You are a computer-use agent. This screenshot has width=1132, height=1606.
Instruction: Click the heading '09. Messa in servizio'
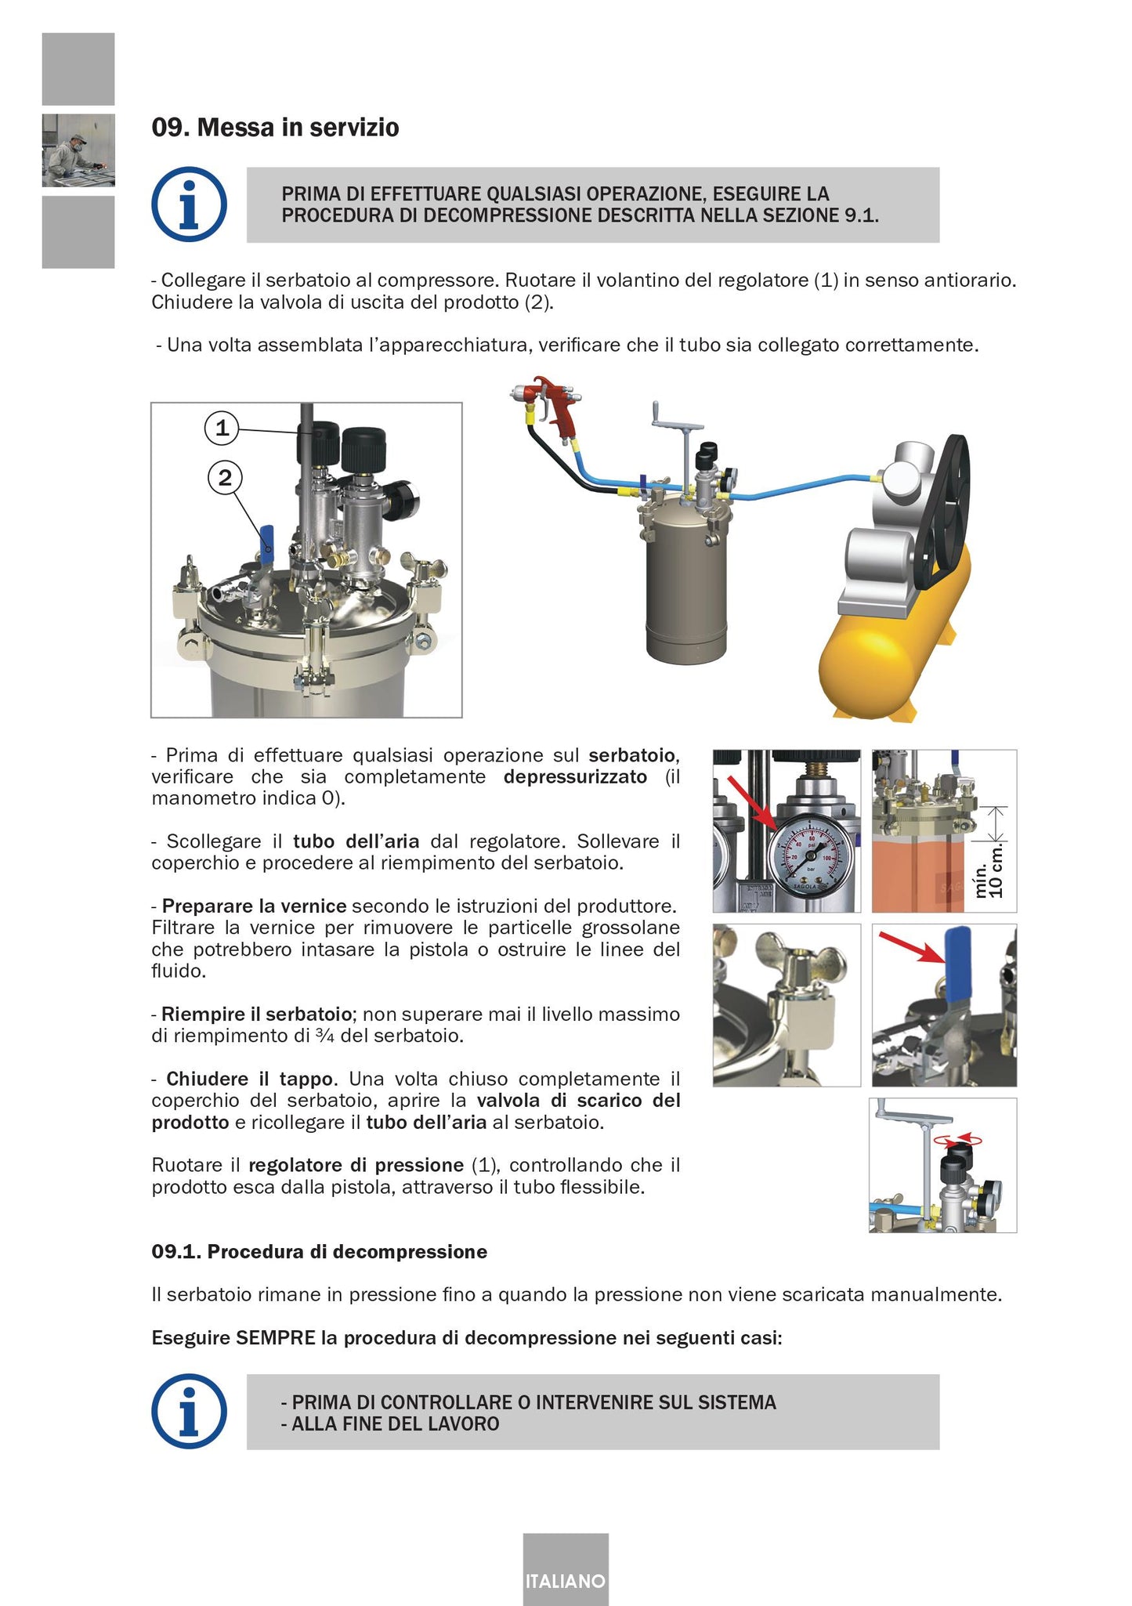tap(275, 128)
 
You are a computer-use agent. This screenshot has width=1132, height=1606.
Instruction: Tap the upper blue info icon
tap(189, 204)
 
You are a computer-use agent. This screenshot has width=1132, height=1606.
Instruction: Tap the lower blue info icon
tap(189, 1411)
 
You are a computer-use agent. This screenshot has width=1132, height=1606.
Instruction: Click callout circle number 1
tap(222, 428)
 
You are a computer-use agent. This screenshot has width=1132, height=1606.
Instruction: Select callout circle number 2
tap(225, 477)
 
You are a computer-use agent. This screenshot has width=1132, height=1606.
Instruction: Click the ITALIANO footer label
tap(566, 1580)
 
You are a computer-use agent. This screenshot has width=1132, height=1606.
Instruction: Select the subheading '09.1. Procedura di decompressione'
tap(319, 1251)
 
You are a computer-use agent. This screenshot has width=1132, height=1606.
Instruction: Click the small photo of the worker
tap(78, 150)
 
